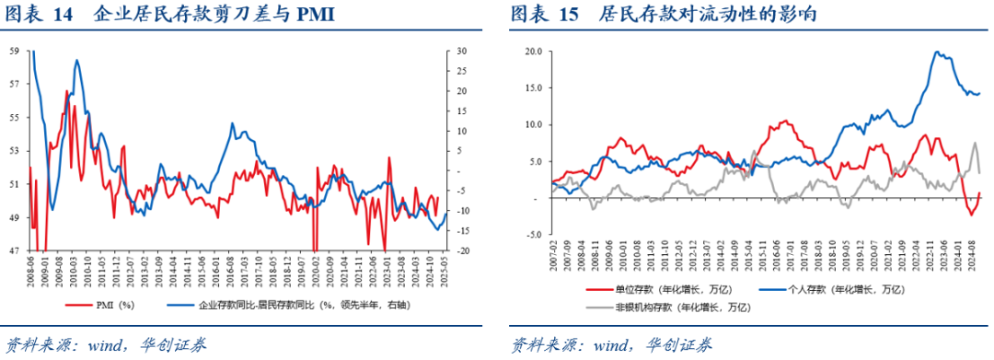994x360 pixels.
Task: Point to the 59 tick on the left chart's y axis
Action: click(x=13, y=52)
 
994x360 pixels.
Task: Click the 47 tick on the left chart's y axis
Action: click(x=13, y=250)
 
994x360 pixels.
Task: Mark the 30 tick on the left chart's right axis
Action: click(x=462, y=52)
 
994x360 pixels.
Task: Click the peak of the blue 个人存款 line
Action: click(x=937, y=52)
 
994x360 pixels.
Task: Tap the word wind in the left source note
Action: click(x=106, y=345)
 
